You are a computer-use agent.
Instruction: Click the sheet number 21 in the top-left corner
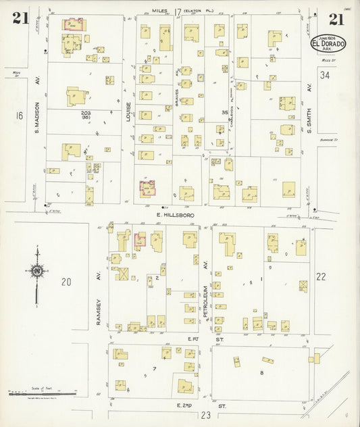[20, 18]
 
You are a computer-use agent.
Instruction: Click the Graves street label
[178, 101]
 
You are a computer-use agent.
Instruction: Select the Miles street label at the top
[159, 11]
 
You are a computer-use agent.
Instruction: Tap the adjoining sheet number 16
[20, 116]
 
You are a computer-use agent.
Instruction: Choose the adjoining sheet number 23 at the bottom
[205, 414]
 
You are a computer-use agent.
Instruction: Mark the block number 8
[261, 372]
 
